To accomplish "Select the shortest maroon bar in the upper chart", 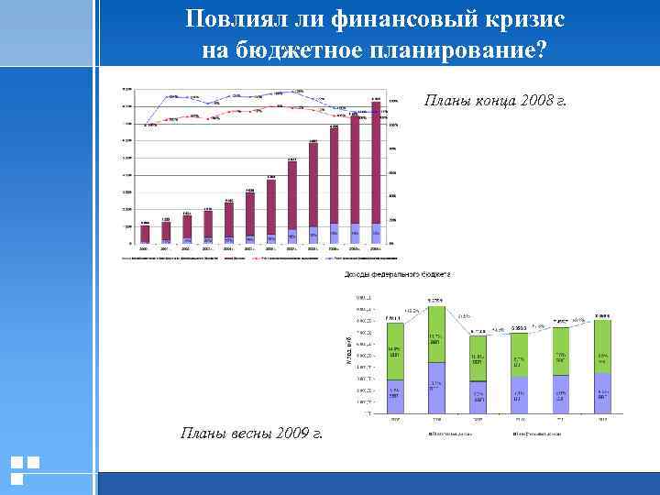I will (145, 234).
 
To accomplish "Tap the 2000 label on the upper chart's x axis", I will (145, 248).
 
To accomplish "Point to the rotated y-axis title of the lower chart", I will (348, 353).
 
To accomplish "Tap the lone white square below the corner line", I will (17, 478).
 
